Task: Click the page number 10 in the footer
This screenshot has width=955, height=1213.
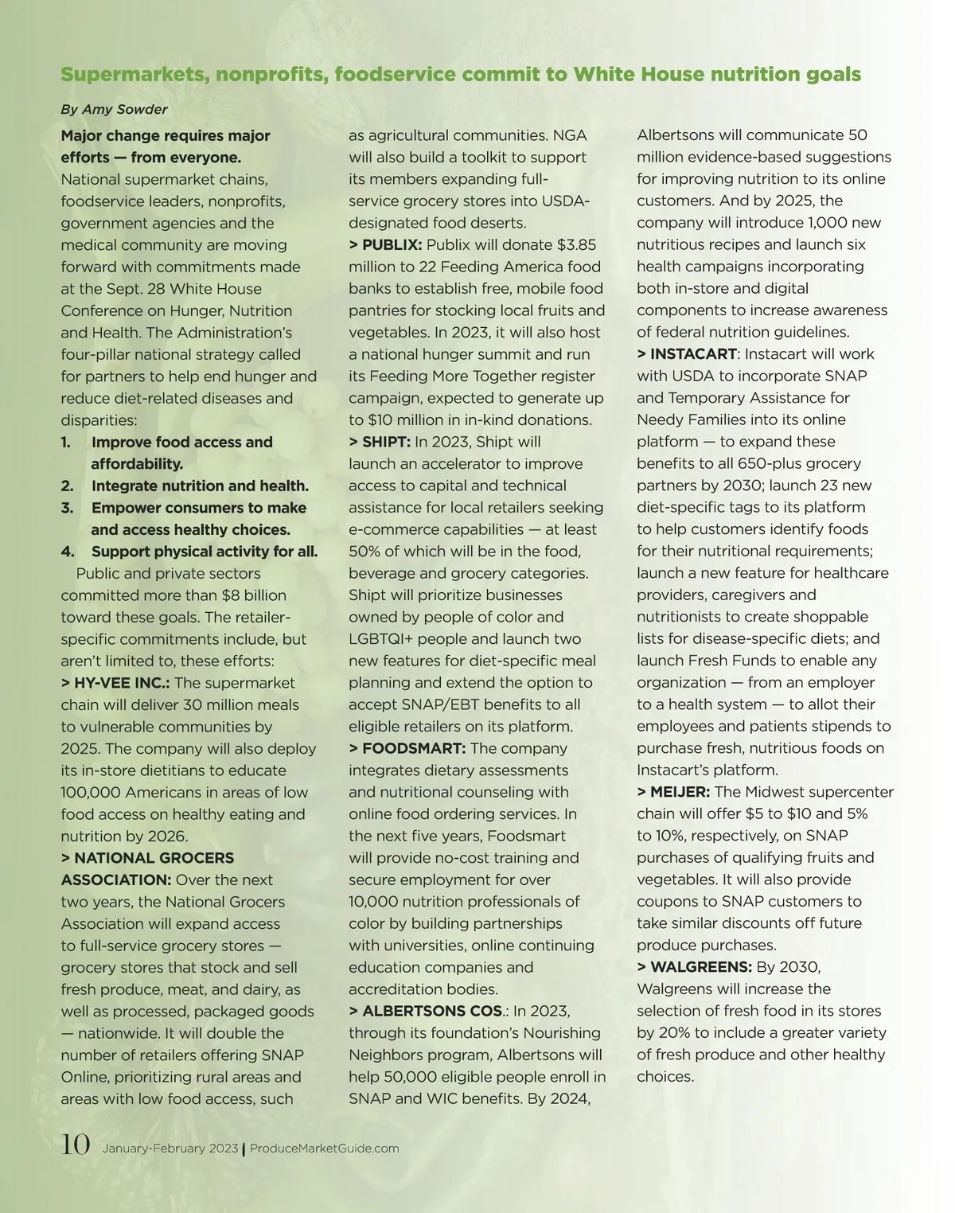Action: coord(76,1145)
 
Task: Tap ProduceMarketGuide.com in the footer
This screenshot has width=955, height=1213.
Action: coord(325,1149)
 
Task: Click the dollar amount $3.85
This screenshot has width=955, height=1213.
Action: coord(576,245)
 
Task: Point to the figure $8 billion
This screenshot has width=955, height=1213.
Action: coord(254,595)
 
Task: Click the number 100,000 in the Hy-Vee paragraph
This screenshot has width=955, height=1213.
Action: coord(91,792)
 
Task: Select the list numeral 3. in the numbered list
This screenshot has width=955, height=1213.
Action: coord(68,508)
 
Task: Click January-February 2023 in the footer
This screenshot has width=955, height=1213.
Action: coord(170,1149)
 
